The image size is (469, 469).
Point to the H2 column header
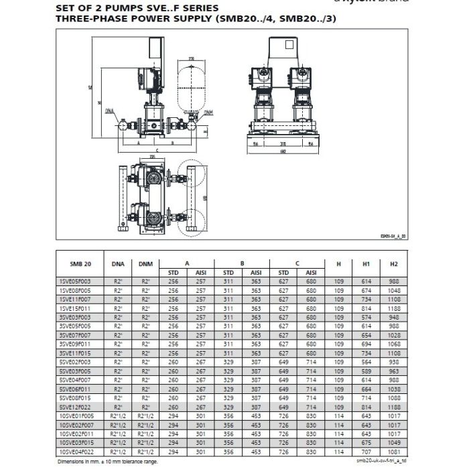(x=393, y=265)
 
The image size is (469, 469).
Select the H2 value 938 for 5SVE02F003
(x=393, y=360)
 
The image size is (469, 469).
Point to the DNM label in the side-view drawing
(x=208, y=113)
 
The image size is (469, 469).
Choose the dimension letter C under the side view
(x=155, y=149)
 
